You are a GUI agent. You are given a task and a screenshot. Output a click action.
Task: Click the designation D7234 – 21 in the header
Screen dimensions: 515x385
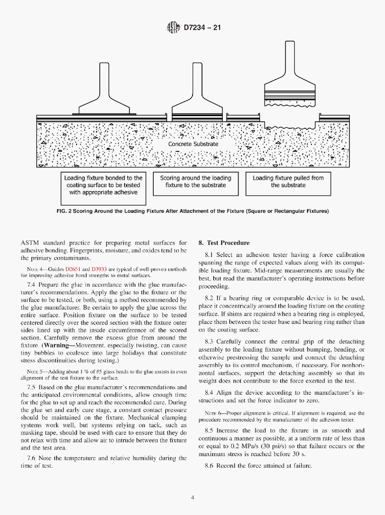pyautogui.click(x=203, y=28)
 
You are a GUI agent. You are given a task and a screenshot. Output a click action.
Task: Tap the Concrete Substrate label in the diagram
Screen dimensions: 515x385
pyautogui.click(x=193, y=144)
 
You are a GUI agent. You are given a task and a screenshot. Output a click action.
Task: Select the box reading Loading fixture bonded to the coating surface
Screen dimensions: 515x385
pyautogui.click(x=103, y=185)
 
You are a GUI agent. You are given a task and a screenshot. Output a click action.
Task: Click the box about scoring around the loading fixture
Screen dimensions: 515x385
pyautogui.click(x=196, y=182)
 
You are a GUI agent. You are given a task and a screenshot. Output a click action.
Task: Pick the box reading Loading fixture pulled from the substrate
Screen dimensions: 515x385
pyautogui.click(x=288, y=182)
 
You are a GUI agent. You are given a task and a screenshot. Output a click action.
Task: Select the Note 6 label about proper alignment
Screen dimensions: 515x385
pyautogui.click(x=213, y=413)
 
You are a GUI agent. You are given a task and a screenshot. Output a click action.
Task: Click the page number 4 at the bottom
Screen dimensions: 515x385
pyautogui.click(x=192, y=497)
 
